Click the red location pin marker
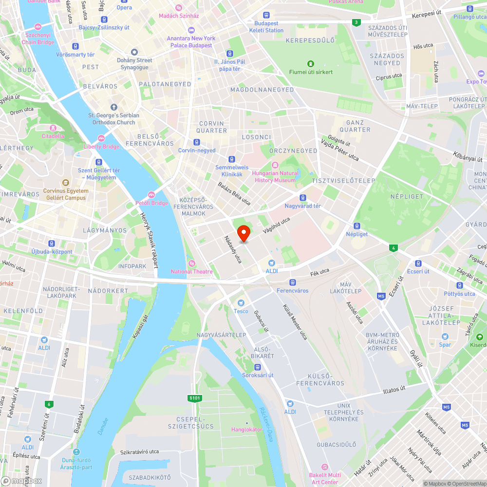(243, 233)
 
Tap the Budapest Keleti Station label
(266, 27)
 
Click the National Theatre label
(191, 271)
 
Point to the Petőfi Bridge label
(151, 203)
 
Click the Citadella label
(53, 136)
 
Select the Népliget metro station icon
(357, 226)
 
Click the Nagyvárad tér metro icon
(303, 198)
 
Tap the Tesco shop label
(241, 311)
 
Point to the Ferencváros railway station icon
(292, 282)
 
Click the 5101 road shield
(194, 398)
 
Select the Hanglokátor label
(246, 430)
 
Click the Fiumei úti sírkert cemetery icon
(310, 64)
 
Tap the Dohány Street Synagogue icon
(134, 52)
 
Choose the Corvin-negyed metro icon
(196, 142)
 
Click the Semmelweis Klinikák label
(232, 170)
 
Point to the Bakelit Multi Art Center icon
(325, 467)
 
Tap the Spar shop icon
(445, 337)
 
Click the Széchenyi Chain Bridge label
(38, 39)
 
